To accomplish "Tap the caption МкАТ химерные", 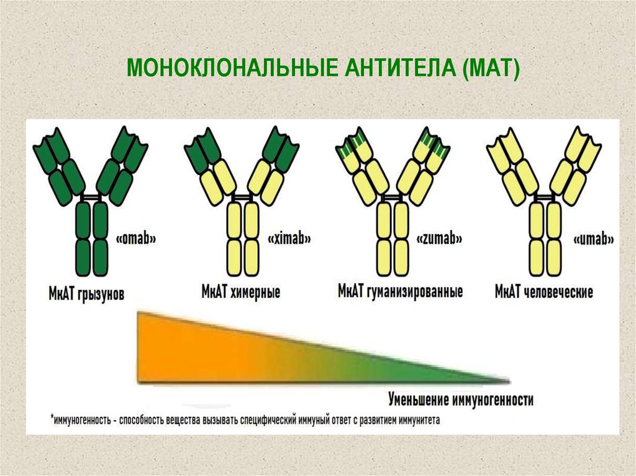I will tap(240, 292).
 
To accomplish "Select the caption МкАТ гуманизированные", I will tap(400, 291).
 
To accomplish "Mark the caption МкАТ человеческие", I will tap(544, 291).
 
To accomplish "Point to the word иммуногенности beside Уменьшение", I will tap(496, 399).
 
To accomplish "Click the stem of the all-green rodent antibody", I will tap(91, 239).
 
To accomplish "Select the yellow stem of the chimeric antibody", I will tap(243, 239).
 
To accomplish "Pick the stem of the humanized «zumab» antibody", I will tap(393, 239).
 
